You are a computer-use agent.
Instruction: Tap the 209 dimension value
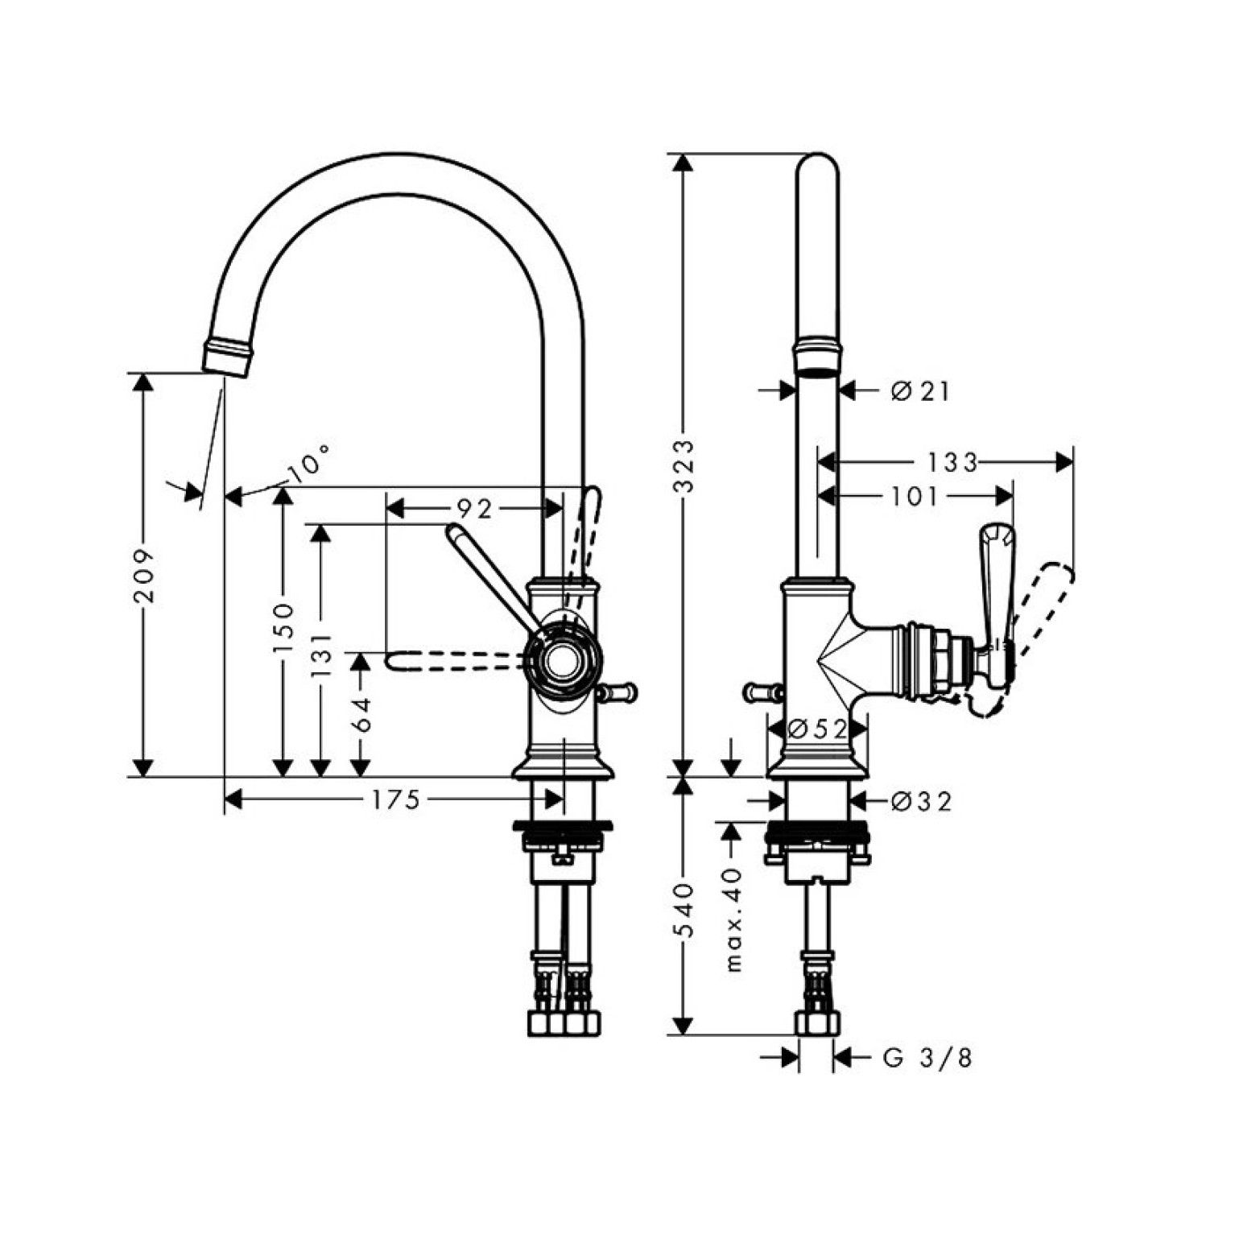(145, 576)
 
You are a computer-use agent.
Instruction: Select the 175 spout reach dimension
(395, 800)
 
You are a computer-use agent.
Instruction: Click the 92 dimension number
(474, 509)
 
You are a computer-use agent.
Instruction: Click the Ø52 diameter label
(818, 729)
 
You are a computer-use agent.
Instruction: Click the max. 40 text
(733, 919)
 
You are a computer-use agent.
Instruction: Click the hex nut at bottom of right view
(818, 1022)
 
